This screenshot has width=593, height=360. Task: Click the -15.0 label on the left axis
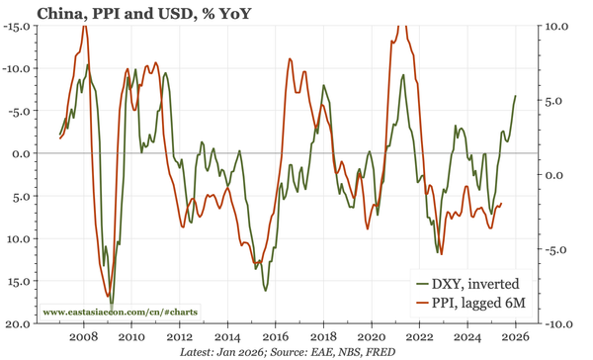[18, 26]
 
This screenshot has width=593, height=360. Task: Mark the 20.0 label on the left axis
[20, 323]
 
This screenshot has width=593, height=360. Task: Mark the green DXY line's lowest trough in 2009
[112, 305]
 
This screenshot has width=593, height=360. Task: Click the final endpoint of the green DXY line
[515, 96]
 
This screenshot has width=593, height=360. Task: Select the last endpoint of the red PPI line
[502, 204]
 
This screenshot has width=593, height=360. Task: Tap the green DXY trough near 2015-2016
[265, 289]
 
